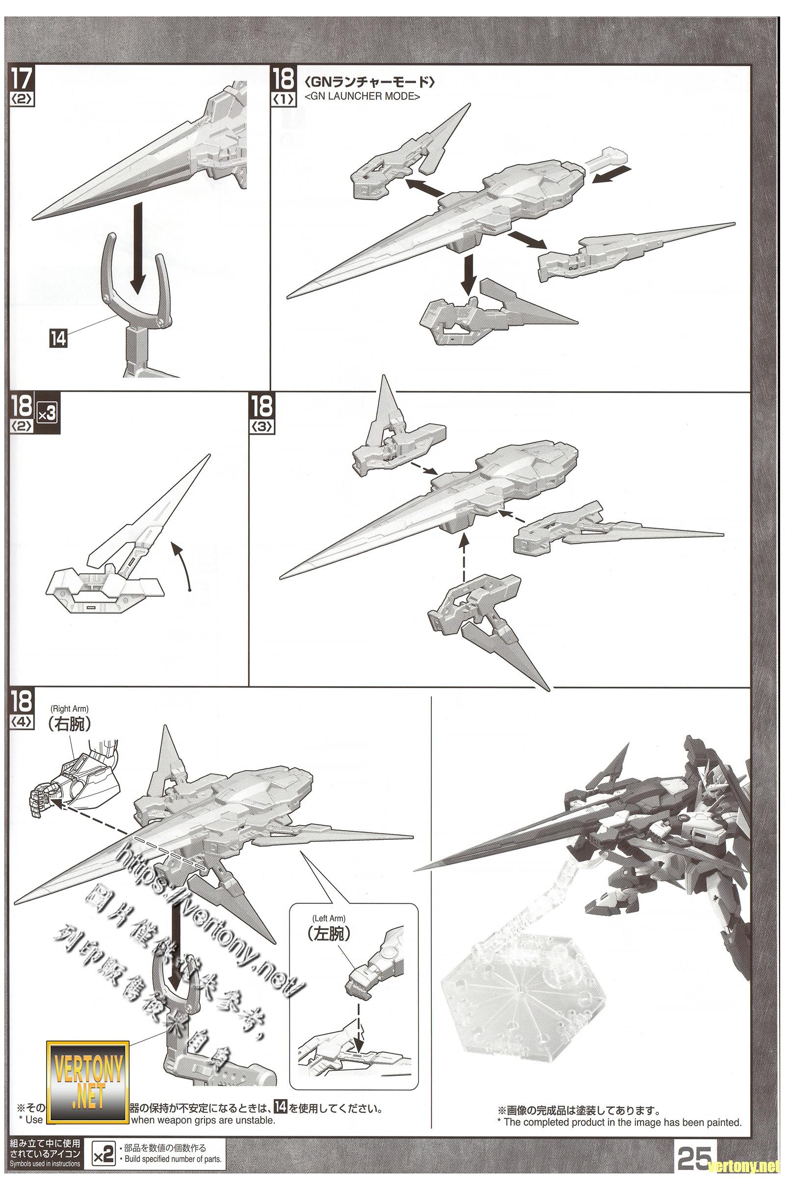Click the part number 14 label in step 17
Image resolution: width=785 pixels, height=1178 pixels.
(58, 339)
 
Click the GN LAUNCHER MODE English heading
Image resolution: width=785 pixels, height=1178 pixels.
(363, 97)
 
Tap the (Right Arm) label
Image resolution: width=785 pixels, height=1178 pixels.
(70, 708)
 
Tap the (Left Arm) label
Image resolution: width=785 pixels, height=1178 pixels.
(329, 918)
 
